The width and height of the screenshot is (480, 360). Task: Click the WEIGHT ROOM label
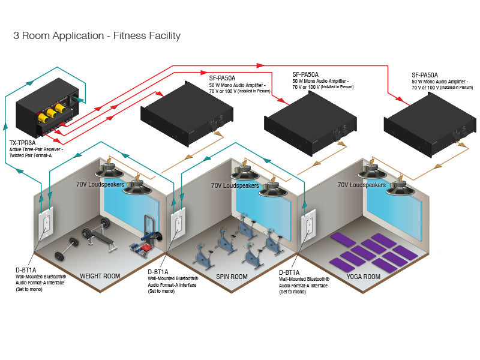click(100, 277)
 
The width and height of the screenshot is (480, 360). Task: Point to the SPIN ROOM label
click(232, 277)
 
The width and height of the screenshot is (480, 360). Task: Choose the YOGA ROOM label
click(364, 277)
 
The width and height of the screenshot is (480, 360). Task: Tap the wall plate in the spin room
click(178, 223)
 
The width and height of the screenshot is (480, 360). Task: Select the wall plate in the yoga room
click(309, 223)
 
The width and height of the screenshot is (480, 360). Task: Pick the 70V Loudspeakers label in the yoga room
click(361, 185)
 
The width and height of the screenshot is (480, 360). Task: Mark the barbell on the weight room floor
click(67, 246)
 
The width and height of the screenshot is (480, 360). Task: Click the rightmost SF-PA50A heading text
click(425, 74)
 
